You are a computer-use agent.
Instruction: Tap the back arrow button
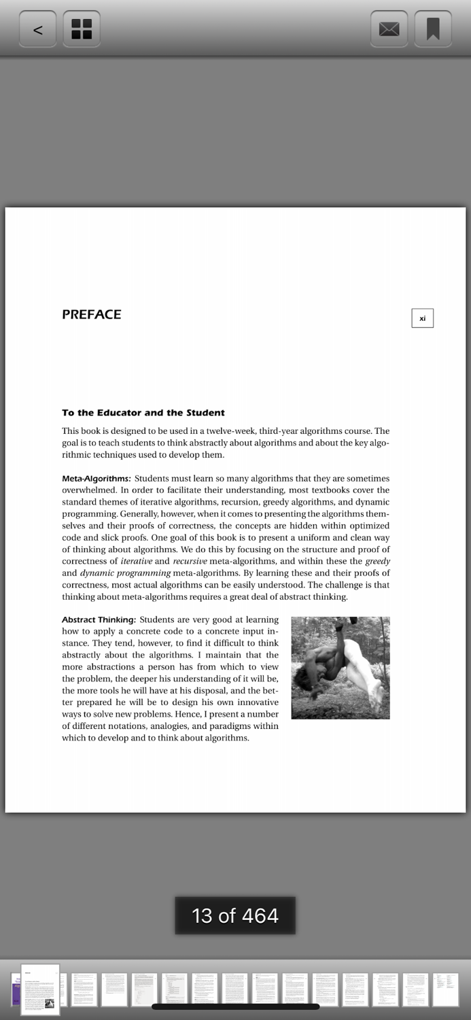38,29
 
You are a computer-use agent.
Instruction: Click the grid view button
82,29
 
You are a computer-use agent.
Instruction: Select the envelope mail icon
389,29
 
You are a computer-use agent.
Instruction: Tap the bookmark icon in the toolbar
433,29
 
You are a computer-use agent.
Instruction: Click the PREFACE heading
92,315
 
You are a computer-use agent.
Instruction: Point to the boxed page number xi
422,318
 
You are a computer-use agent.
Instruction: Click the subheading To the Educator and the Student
143,413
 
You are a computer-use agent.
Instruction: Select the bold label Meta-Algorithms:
96,479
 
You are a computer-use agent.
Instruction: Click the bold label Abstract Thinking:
99,619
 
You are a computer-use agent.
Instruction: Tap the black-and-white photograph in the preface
341,668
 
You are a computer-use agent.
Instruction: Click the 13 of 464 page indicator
235,915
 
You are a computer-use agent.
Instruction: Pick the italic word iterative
136,562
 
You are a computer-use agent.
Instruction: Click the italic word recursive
190,562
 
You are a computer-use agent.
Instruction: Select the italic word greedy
377,562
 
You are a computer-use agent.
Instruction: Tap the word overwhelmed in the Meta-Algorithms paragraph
89,490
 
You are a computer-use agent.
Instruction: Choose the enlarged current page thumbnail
40,989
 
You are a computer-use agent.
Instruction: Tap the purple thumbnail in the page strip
15,990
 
